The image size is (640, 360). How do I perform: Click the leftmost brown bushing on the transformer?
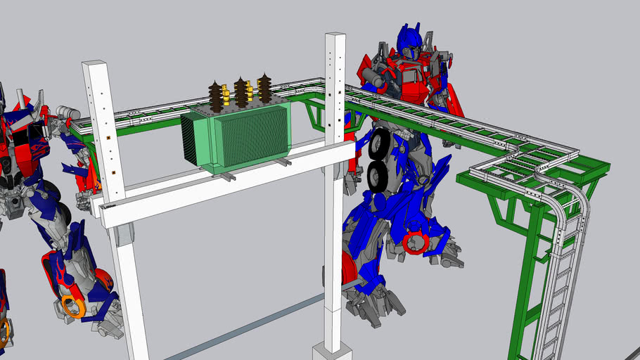pyautogui.click(x=216, y=96)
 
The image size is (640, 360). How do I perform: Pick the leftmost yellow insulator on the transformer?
pyautogui.click(x=226, y=94)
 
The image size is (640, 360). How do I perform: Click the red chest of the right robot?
pyautogui.click(x=415, y=82)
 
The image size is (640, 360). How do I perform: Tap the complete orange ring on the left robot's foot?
pyautogui.click(x=72, y=306)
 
